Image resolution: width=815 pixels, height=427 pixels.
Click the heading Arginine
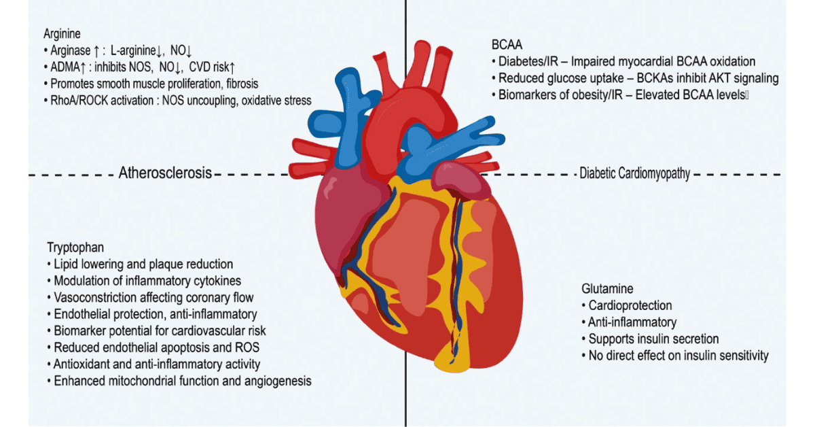[x=60, y=33]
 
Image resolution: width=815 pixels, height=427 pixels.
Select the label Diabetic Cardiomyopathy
[x=634, y=173]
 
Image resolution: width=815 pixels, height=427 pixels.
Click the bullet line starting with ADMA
[x=143, y=67]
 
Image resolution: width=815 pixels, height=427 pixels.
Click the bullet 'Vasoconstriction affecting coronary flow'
[x=151, y=297]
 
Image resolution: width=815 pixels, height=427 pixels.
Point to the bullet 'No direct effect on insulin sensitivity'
[x=675, y=356]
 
